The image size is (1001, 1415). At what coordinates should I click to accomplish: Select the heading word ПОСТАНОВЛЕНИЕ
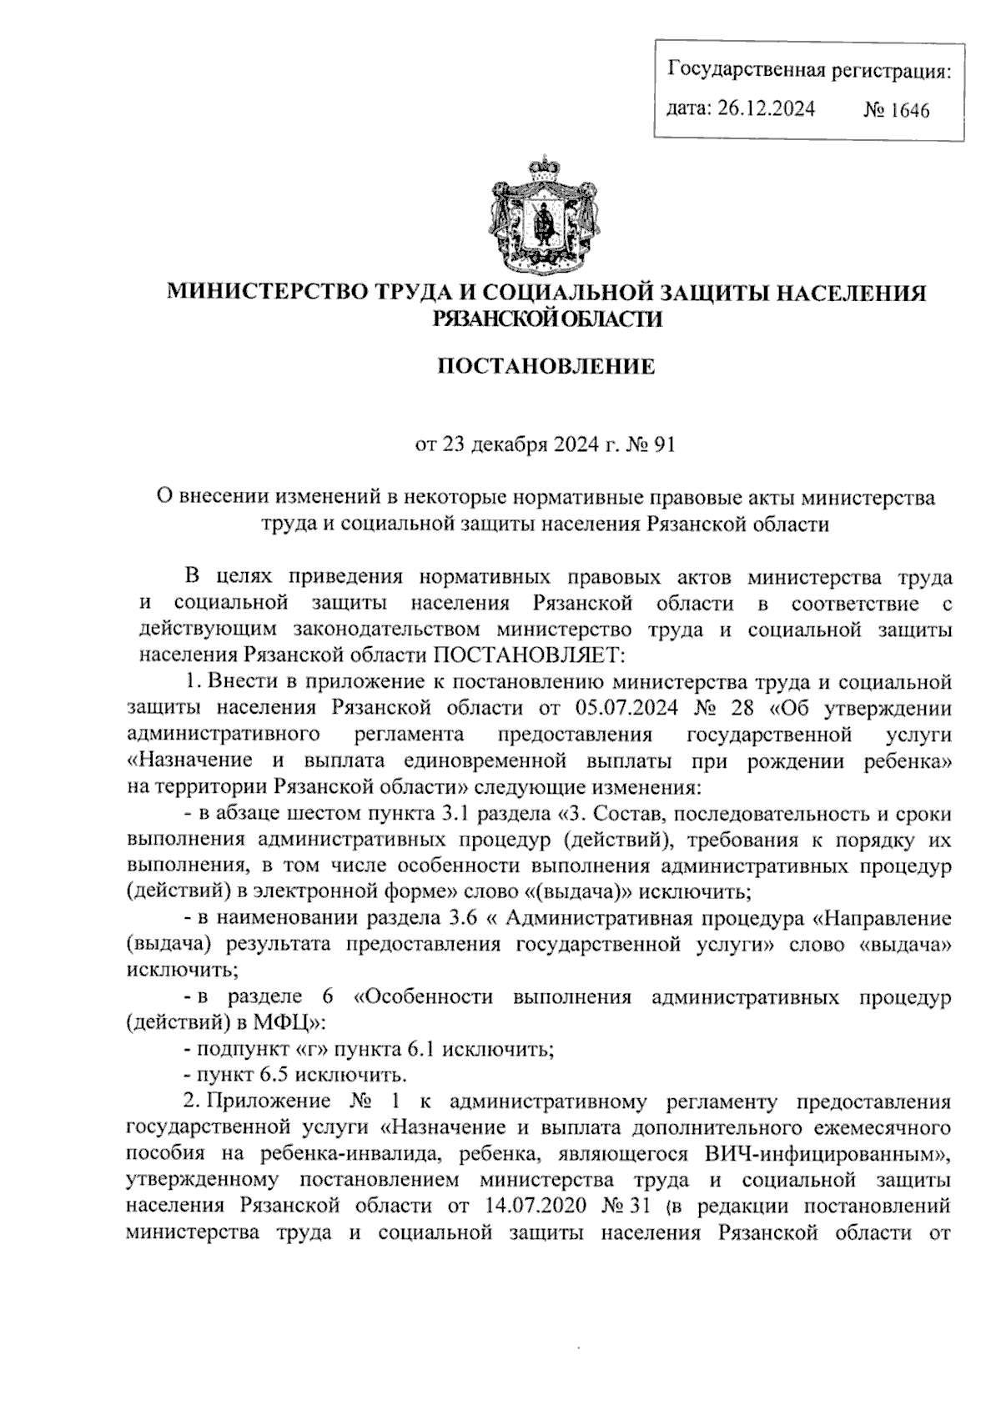(546, 366)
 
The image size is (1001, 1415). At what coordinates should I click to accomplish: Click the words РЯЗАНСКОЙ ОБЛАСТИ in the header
(546, 317)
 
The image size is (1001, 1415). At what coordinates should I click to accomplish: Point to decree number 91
(662, 445)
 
